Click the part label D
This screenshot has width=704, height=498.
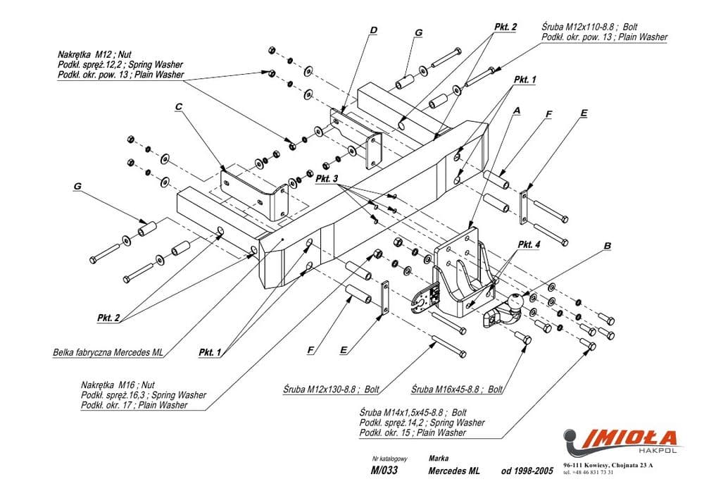[373, 30]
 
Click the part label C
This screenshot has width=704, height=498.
[179, 107]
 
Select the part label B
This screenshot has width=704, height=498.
[607, 247]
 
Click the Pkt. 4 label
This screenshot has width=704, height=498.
[529, 244]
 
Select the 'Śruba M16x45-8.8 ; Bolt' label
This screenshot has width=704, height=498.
[457, 388]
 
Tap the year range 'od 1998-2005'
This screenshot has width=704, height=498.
[527, 471]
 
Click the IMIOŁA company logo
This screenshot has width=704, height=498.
[620, 437]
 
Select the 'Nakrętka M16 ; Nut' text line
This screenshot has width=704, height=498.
[118, 385]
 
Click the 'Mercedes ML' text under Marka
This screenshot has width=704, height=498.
[453, 471]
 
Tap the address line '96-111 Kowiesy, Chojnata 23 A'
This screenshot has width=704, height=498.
[608, 465]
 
